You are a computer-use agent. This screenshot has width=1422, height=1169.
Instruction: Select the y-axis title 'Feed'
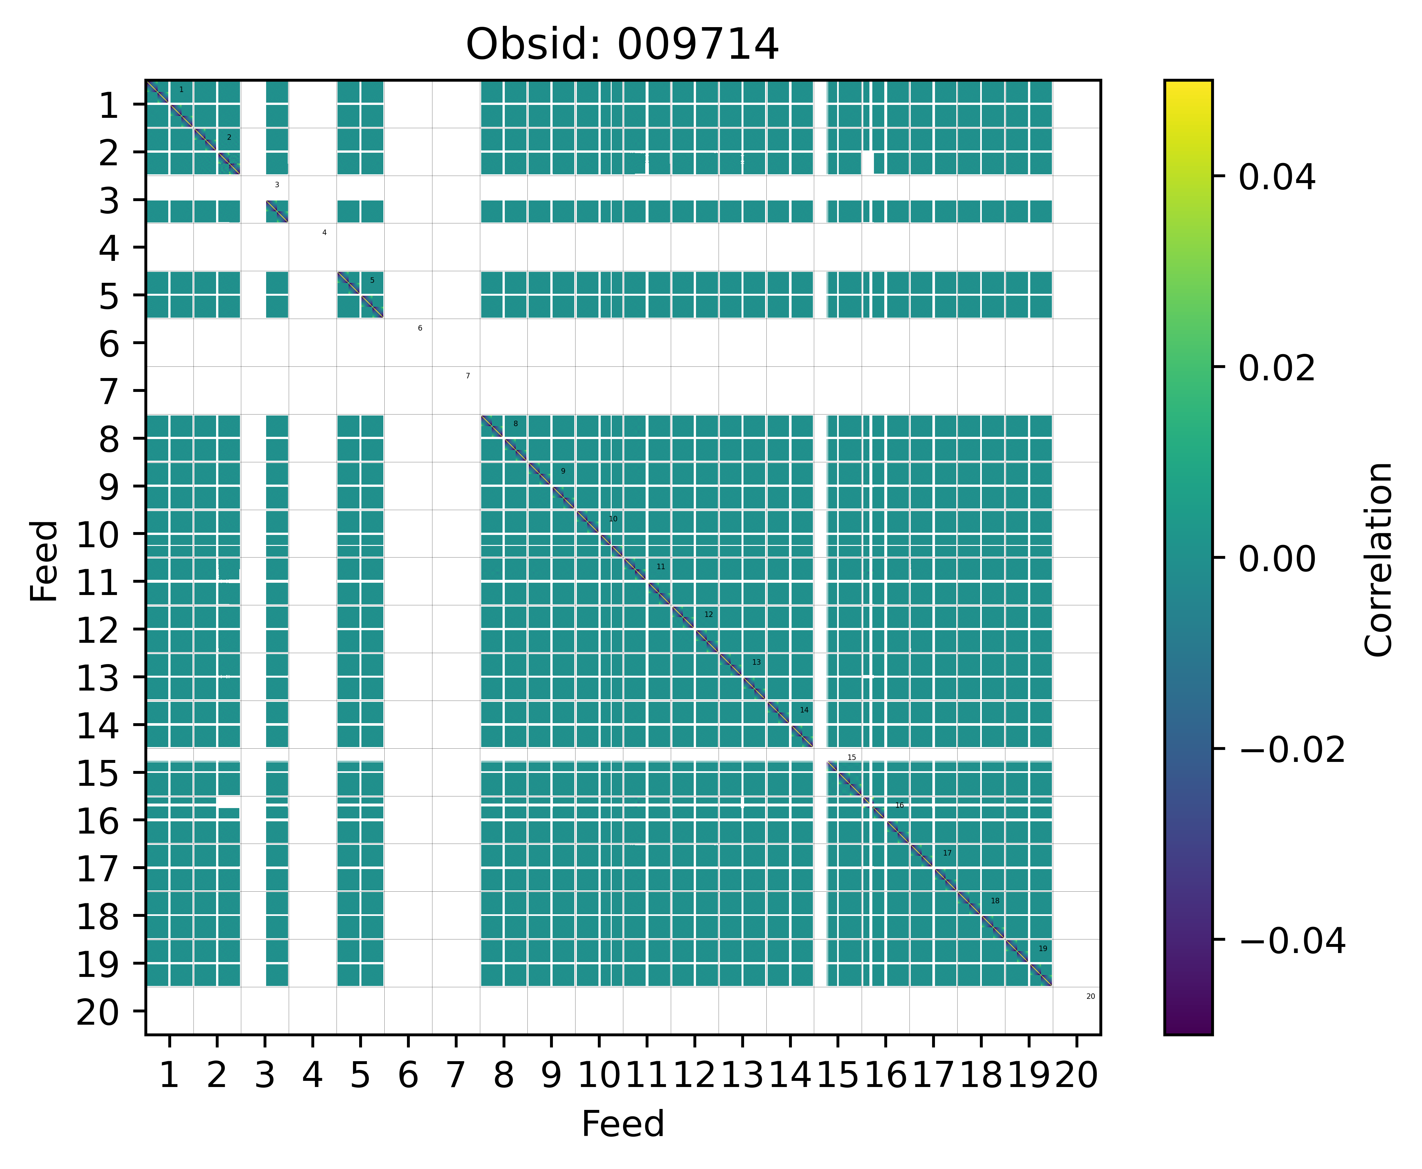[x=45, y=560]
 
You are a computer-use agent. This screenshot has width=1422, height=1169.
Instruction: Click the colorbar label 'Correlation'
[x=1378, y=559]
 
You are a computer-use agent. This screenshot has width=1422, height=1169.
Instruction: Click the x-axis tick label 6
[x=408, y=1075]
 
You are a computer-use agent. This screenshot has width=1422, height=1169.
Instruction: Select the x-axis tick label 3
[x=265, y=1075]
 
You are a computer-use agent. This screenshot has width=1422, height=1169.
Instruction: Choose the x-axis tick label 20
[x=1076, y=1075]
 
